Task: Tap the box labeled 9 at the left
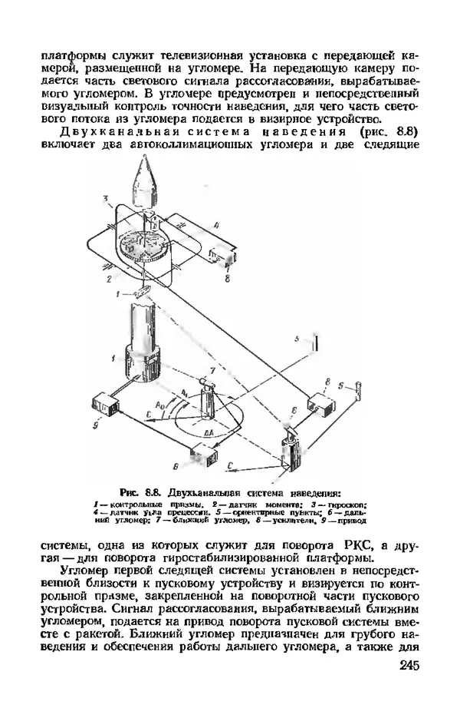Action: tap(102, 404)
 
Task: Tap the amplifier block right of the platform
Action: tap(228, 254)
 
